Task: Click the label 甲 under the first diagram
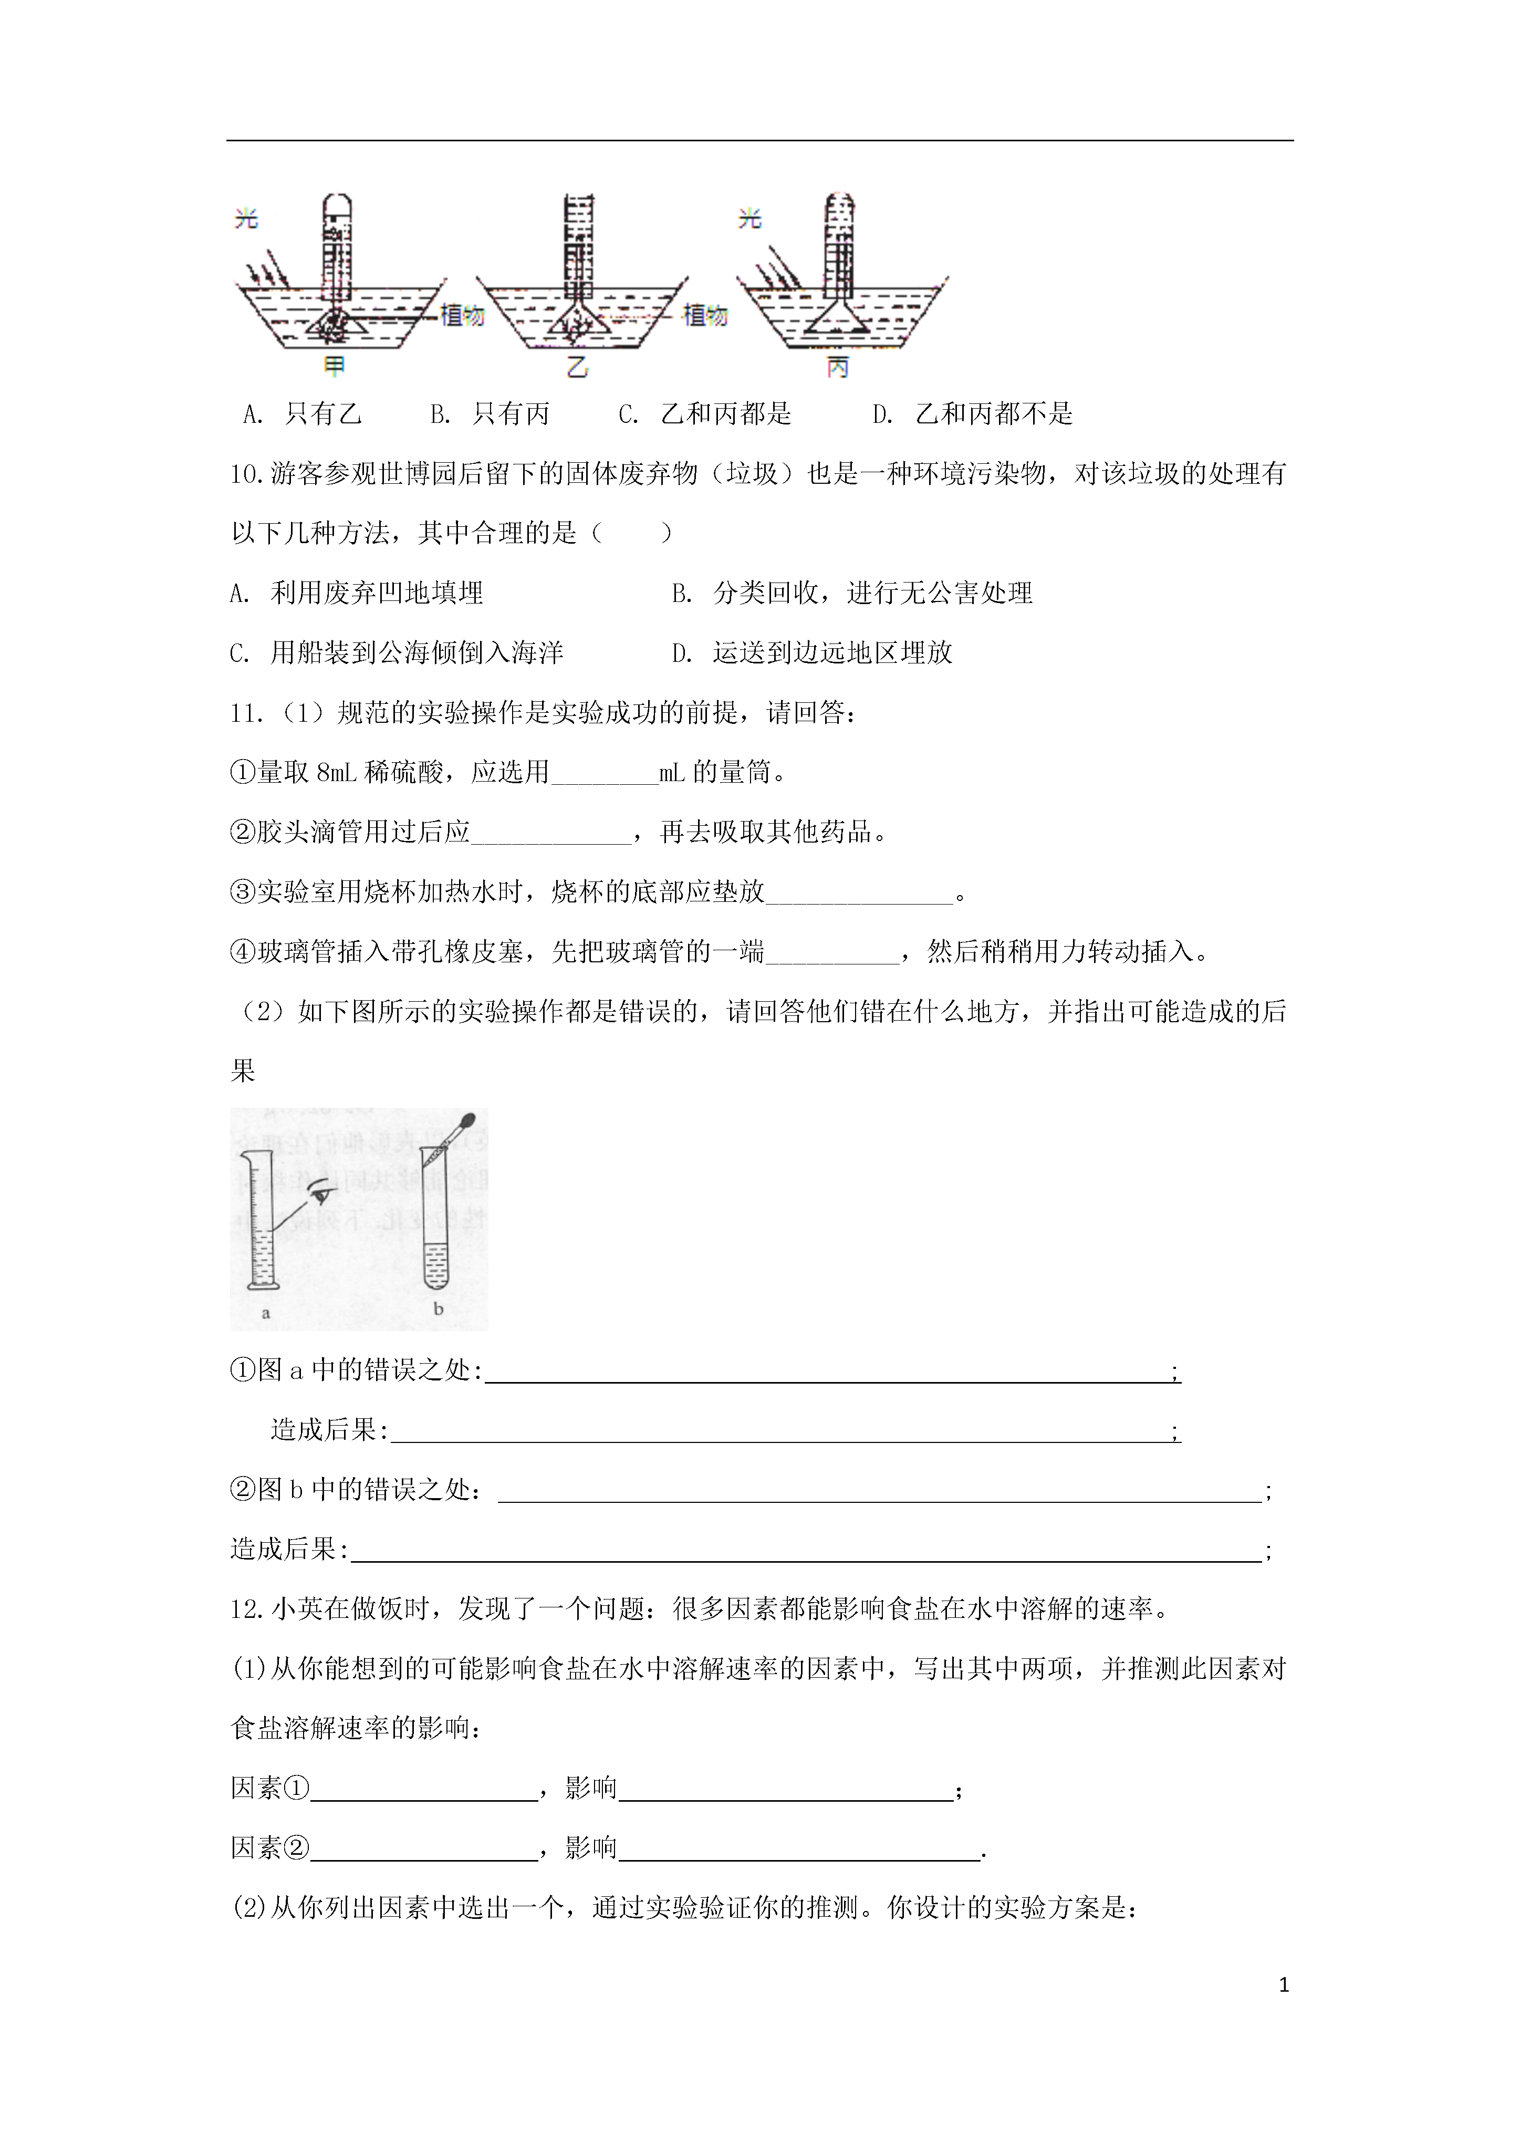coord(335,367)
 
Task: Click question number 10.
coord(248,474)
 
